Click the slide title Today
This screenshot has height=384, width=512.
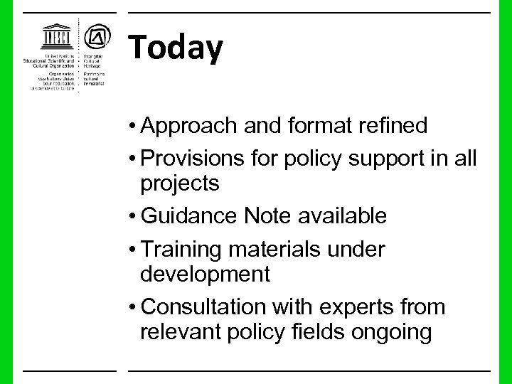pyautogui.click(x=176, y=48)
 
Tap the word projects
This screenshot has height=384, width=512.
pyautogui.click(x=180, y=183)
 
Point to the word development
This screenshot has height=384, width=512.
pyautogui.click(x=206, y=274)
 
